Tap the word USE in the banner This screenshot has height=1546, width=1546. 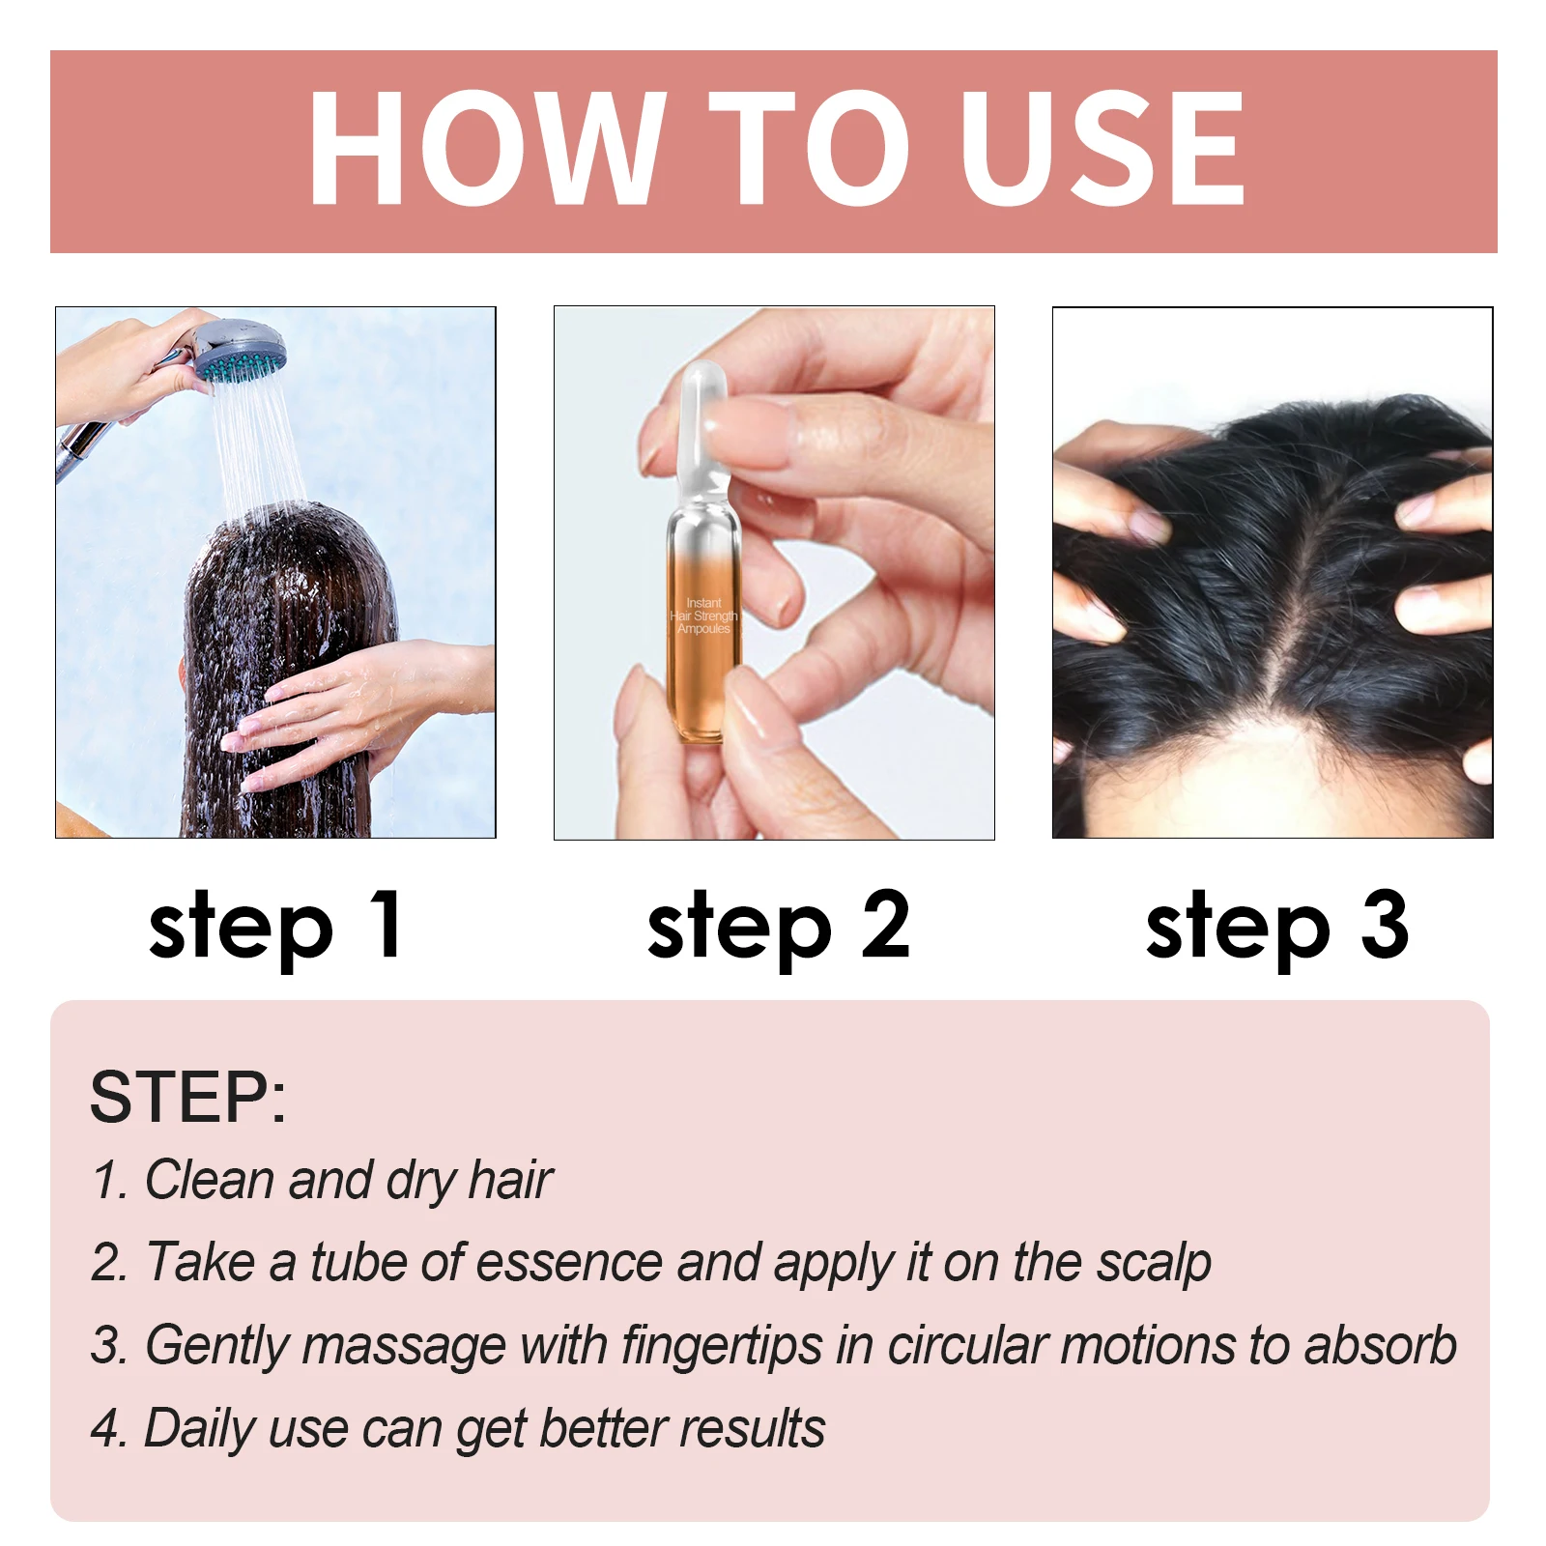1102,147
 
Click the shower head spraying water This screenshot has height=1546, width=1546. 238,352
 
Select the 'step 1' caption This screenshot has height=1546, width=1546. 275,926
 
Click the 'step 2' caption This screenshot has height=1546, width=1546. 778,926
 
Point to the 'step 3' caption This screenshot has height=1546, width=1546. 1276,926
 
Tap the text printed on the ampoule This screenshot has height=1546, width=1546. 703,616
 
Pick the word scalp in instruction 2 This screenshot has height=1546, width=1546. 1154,1262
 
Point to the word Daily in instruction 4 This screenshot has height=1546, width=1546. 198,1428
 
